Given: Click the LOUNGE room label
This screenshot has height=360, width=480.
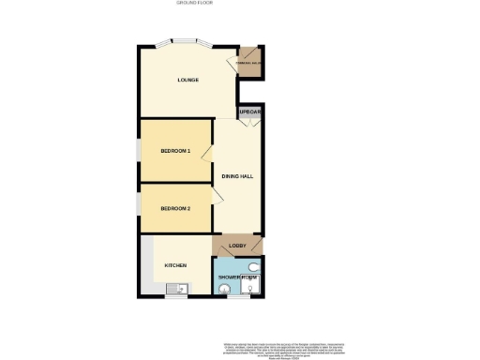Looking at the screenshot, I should (x=188, y=80).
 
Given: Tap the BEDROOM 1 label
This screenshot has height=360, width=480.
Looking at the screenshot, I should (x=174, y=151).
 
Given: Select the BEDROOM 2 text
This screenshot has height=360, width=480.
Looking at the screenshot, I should (x=174, y=208).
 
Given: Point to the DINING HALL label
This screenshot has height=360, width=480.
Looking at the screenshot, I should (x=237, y=175).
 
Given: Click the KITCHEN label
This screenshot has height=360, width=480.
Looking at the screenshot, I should (x=175, y=265).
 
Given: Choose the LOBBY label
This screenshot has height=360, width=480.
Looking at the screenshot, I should (x=237, y=247).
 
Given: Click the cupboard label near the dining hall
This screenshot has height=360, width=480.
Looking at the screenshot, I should (x=249, y=112).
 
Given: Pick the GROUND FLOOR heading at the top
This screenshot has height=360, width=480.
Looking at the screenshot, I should (x=194, y=4).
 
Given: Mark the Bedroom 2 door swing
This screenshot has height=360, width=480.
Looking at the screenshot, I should (x=215, y=195).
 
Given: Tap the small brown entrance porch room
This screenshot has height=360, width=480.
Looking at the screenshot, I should (x=250, y=62).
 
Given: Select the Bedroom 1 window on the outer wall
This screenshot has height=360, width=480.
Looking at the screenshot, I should (x=138, y=151).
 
